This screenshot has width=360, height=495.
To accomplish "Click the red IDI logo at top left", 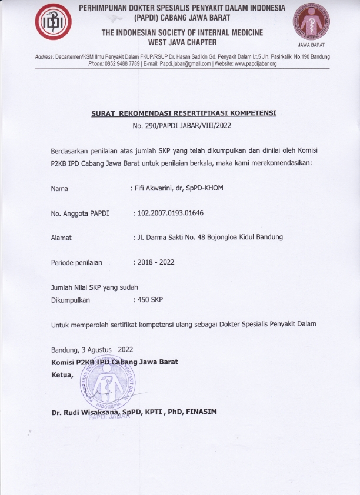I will [54, 25].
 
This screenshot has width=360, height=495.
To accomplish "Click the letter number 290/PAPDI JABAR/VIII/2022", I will [183, 126].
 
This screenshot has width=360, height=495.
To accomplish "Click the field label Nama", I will [59, 189].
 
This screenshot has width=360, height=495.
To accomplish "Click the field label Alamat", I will [62, 238].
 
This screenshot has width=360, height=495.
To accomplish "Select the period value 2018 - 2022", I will [155, 262].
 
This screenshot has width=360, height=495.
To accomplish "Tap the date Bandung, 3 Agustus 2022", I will [92, 349].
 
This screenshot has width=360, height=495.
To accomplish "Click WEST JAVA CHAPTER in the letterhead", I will [182, 42].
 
